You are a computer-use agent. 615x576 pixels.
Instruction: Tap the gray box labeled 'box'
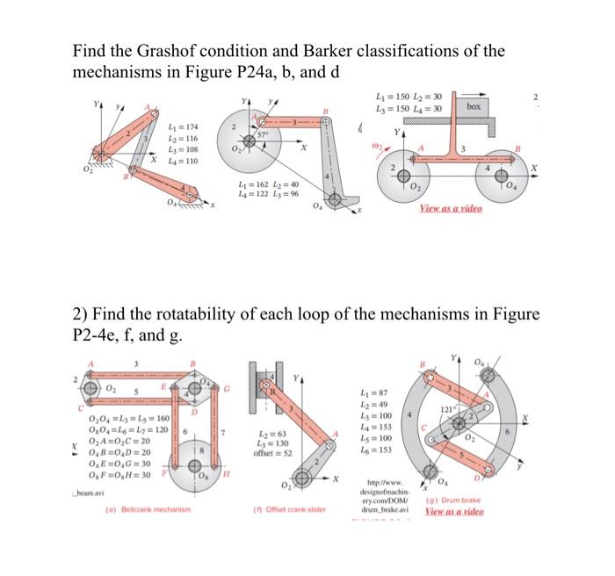point(474,105)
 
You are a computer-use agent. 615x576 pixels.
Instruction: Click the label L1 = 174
point(184,127)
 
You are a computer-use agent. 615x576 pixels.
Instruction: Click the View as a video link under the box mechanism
point(452,209)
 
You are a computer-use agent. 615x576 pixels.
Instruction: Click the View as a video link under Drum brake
point(454,511)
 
